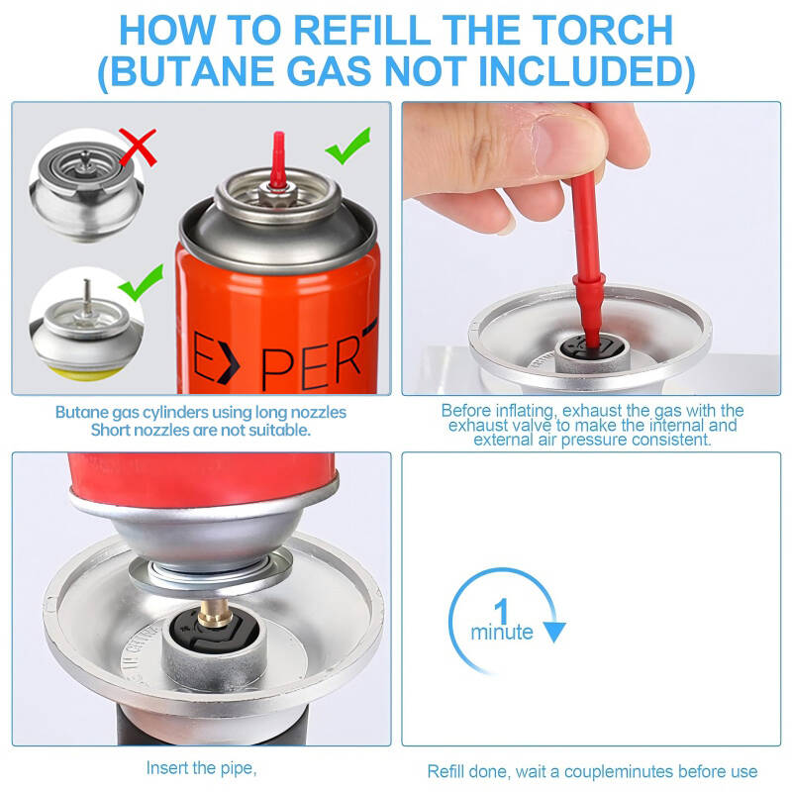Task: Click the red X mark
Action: point(138,147)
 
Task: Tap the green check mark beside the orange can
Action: point(348,146)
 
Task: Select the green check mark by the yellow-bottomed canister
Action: point(141,282)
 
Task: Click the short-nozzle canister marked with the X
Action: point(86,189)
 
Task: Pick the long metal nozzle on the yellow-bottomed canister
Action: point(87,296)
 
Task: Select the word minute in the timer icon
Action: point(502,632)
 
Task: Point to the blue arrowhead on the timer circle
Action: point(554,632)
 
